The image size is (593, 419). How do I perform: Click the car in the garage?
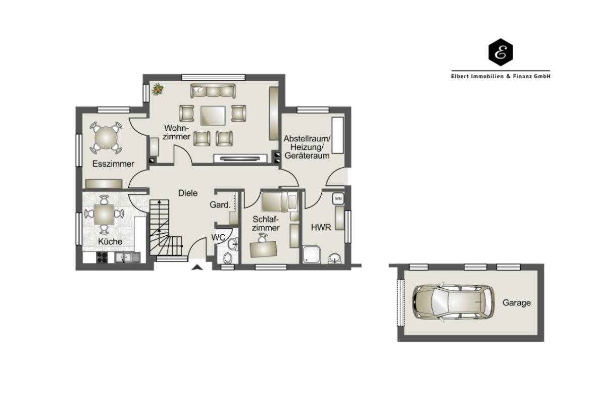453,302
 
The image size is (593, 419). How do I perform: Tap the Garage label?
517,303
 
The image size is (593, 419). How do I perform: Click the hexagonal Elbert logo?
501,53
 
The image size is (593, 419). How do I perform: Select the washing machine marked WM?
338,198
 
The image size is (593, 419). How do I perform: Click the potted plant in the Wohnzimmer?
157,90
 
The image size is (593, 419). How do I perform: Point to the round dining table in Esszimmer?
106,137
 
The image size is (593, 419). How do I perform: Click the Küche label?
110,241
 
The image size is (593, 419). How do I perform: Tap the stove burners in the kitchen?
102,257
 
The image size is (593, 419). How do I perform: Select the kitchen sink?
127,257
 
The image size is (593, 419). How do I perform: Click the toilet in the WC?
228,258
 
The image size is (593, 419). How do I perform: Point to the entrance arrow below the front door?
196,268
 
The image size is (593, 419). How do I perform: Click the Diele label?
188,193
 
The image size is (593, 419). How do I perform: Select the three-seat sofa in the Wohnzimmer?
213,91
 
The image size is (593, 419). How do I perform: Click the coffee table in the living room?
213,116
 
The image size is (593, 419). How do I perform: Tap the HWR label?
321,228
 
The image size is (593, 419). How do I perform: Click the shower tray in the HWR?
311,255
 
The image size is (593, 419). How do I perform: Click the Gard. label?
220,205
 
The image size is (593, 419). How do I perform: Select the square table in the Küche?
104,214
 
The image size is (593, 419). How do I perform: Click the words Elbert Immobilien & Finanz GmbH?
501,76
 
